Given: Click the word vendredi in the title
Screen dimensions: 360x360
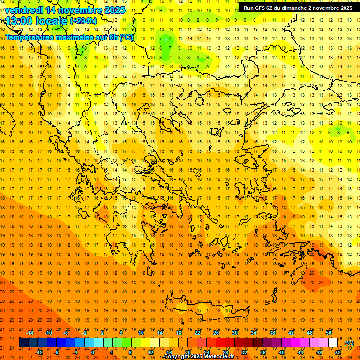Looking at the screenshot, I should (25, 10).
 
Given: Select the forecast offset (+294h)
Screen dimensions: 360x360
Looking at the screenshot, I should (83, 21).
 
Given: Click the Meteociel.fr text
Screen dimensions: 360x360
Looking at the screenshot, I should (219, 357).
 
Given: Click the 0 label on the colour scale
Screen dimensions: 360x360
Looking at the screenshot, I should (93, 352).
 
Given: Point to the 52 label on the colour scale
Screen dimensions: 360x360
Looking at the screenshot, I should (338, 352).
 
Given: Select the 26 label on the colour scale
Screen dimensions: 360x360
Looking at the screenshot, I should (216, 333).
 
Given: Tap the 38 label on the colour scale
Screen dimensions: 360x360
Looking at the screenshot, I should (272, 333).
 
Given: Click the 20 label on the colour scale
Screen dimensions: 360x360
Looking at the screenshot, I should (187, 352).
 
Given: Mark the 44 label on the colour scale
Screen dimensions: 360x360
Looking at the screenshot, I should (300, 352).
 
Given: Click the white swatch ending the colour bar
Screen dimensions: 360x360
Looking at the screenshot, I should (333, 343).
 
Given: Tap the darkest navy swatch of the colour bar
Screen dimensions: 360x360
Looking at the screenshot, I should (24, 343).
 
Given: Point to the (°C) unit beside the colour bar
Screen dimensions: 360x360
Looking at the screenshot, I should (349, 343).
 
